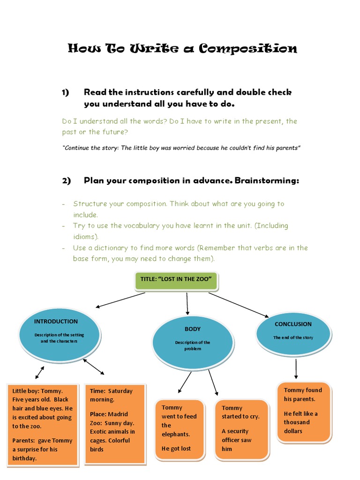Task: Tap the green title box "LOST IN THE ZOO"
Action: click(176, 280)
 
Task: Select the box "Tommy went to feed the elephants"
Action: click(180, 427)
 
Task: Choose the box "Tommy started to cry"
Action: click(240, 427)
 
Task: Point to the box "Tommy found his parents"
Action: click(304, 411)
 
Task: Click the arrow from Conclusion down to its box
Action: click(296, 369)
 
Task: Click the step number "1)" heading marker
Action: click(66, 93)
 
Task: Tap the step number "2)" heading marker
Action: click(66, 181)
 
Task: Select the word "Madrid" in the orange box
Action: click(118, 414)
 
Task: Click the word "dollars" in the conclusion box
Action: click(293, 431)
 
